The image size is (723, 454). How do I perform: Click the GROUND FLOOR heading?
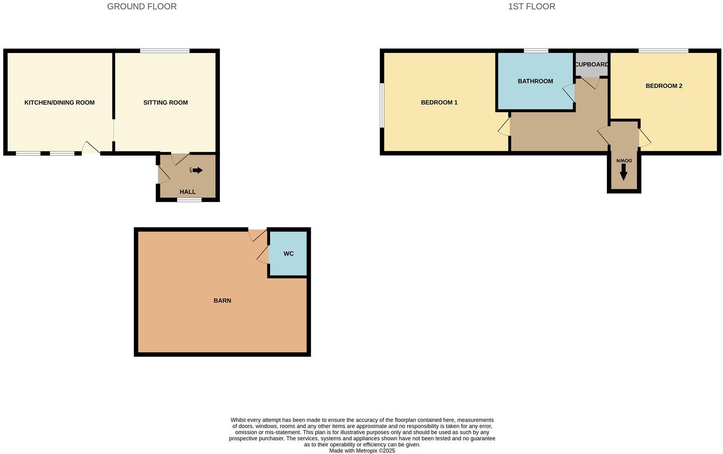[142, 7]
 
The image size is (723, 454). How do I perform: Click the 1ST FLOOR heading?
[531, 7]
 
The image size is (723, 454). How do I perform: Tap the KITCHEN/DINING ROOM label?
[59, 103]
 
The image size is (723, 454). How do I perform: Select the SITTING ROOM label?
[165, 103]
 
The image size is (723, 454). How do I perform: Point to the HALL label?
[188, 192]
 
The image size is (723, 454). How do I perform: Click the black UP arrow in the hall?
[198, 170]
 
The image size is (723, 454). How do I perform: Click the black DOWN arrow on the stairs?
[624, 174]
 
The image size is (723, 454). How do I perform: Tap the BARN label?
[222, 300]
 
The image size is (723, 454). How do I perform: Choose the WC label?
[288, 254]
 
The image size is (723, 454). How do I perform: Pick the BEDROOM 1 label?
[439, 103]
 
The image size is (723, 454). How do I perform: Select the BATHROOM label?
[535, 81]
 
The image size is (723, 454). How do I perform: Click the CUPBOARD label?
[592, 65]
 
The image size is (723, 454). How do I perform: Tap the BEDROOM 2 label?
[664, 86]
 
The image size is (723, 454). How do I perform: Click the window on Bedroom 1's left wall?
[382, 106]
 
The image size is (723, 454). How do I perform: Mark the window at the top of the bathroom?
[536, 51]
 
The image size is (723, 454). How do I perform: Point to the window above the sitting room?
[165, 51]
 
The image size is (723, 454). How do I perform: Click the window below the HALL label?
[189, 200]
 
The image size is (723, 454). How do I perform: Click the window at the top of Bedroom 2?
[663, 51]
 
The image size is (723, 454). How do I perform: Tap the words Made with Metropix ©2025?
[362, 451]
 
